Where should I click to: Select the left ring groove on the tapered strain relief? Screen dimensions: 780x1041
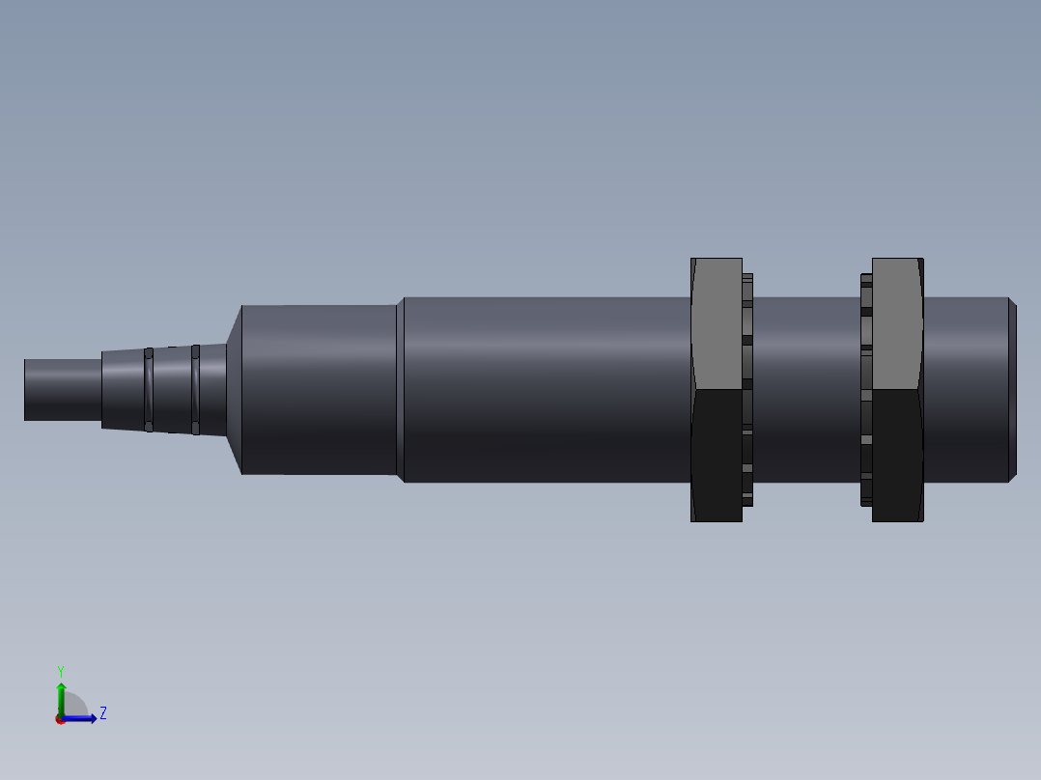pos(149,389)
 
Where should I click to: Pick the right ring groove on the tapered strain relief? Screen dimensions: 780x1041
pos(195,389)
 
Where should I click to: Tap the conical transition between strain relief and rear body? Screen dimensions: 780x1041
pos(234,389)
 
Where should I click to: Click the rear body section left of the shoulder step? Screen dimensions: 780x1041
pos(318,389)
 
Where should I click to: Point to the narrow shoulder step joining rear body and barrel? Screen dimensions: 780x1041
pos(400,389)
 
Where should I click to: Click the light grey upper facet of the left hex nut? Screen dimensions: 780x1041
pos(717,323)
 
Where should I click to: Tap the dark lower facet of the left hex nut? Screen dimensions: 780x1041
pos(717,454)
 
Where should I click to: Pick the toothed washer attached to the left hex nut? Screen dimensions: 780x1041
pos(747,389)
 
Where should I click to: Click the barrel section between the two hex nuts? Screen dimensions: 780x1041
pos(805,389)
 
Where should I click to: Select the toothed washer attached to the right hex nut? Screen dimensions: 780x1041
pos(866,389)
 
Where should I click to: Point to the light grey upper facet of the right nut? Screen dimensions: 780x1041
pos(897,323)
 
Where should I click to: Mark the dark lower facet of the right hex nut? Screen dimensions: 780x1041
pos(897,454)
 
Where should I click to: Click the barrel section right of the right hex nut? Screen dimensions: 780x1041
pos(965,389)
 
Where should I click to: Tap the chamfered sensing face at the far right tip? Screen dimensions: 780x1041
pos(1012,389)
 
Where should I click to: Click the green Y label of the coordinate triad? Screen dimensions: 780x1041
pos(60,670)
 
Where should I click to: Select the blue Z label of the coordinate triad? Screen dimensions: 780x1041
pos(102,713)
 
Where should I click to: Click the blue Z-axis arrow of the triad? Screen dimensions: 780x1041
pos(81,718)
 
